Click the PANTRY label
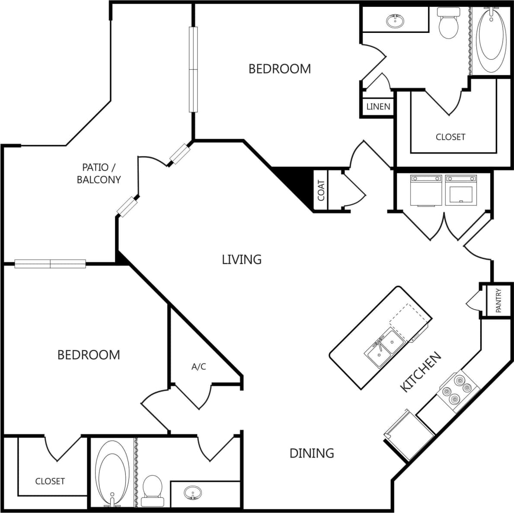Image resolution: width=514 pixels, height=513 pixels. tap(498, 301)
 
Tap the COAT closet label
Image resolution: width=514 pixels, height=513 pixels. tap(321, 190)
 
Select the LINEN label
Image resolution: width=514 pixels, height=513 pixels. tap(378, 106)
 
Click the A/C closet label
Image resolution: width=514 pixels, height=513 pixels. tap(199, 367)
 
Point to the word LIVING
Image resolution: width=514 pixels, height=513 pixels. tap(242, 259)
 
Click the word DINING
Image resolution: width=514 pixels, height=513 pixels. tap(312, 453)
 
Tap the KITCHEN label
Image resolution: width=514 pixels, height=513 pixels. tap(421, 372)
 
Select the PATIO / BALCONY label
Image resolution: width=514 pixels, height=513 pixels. tap(99, 173)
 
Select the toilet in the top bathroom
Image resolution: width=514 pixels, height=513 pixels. tap(448, 24)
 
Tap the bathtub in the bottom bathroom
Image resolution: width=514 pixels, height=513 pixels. tap(112, 473)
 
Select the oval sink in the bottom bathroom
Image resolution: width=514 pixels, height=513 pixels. tap(192, 493)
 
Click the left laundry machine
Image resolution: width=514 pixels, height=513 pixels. tap(426, 190)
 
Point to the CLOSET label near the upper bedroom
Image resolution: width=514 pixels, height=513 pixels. tap(450, 137)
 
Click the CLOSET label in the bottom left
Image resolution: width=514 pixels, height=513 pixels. tap(50, 481)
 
